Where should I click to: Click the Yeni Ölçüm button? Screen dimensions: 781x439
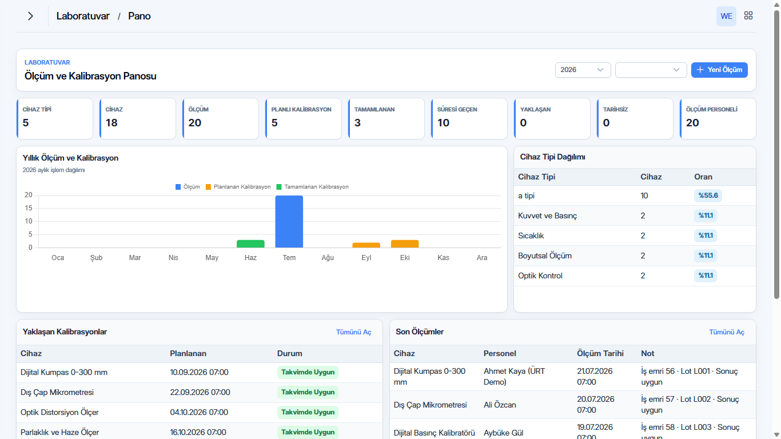pyautogui.click(x=719, y=70)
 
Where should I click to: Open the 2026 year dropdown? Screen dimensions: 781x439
pyautogui.click(x=583, y=70)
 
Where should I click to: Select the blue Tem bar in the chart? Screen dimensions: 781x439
pyautogui.click(x=289, y=221)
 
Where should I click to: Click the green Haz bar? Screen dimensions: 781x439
pyautogui.click(x=250, y=244)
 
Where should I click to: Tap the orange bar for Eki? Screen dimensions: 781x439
pyautogui.click(x=405, y=244)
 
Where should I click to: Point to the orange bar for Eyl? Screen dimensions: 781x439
pyautogui.click(x=366, y=245)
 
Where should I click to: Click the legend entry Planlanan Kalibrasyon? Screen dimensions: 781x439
pyautogui.click(x=238, y=187)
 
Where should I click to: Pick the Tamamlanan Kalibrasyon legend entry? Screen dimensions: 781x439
pyautogui.click(x=312, y=187)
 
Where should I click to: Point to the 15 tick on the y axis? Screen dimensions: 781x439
pyautogui.click(x=28, y=208)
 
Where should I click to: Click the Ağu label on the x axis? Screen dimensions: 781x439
pyautogui.click(x=328, y=258)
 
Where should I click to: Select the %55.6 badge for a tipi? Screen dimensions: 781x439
pyautogui.click(x=708, y=195)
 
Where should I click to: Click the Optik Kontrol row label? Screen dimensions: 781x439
pyautogui.click(x=540, y=276)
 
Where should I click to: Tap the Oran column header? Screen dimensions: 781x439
pyautogui.click(x=703, y=177)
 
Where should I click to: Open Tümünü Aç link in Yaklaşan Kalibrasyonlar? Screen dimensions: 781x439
pyautogui.click(x=353, y=332)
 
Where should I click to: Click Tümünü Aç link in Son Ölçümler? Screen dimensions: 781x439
pyautogui.click(x=727, y=332)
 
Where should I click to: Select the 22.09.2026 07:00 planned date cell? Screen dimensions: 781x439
pyautogui.click(x=200, y=392)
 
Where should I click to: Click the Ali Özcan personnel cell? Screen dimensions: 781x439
pyautogui.click(x=500, y=405)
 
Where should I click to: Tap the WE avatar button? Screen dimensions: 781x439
pyautogui.click(x=726, y=16)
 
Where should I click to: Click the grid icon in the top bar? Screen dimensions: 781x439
pyautogui.click(x=748, y=15)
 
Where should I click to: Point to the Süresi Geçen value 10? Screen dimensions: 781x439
pyautogui.click(x=444, y=123)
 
